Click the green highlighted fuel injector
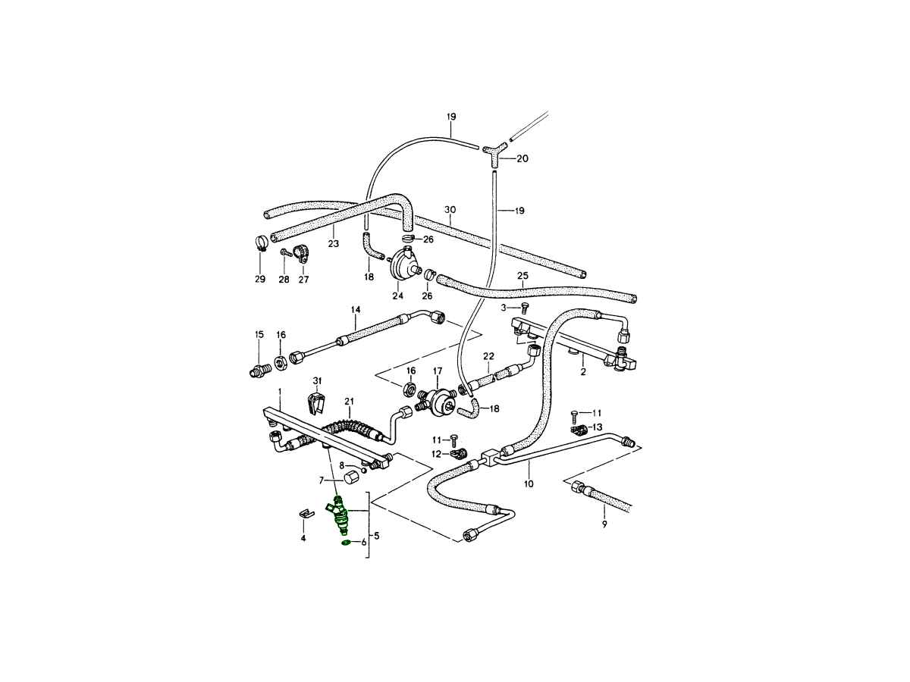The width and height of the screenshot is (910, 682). pyautogui.click(x=340, y=517)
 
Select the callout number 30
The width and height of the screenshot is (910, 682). pyautogui.click(x=450, y=210)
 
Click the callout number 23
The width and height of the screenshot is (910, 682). pyautogui.click(x=334, y=244)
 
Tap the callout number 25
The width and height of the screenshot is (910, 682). pyautogui.click(x=522, y=275)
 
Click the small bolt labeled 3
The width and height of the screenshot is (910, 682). pyautogui.click(x=524, y=308)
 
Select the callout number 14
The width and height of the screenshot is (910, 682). pyautogui.click(x=355, y=309)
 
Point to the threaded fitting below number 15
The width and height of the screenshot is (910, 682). pyautogui.click(x=259, y=370)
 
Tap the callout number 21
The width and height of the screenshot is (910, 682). pyautogui.click(x=350, y=401)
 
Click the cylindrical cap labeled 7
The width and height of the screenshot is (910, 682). pyautogui.click(x=351, y=477)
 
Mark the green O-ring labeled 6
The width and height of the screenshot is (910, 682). pyautogui.click(x=345, y=542)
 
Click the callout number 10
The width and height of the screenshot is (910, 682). pyautogui.click(x=529, y=483)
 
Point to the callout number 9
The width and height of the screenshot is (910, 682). pyautogui.click(x=604, y=524)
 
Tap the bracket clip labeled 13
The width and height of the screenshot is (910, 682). pyautogui.click(x=579, y=430)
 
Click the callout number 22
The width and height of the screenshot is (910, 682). pyautogui.click(x=488, y=355)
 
